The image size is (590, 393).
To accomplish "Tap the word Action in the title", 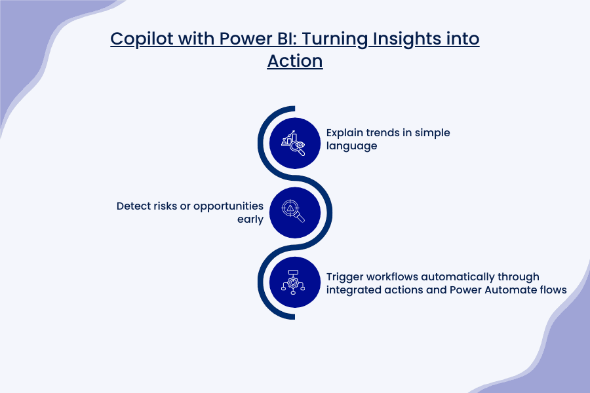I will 295,61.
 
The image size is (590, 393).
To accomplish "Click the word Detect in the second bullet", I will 134,206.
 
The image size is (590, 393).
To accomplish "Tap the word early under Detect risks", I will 250,219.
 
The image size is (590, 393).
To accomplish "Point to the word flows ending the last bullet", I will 553,290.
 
